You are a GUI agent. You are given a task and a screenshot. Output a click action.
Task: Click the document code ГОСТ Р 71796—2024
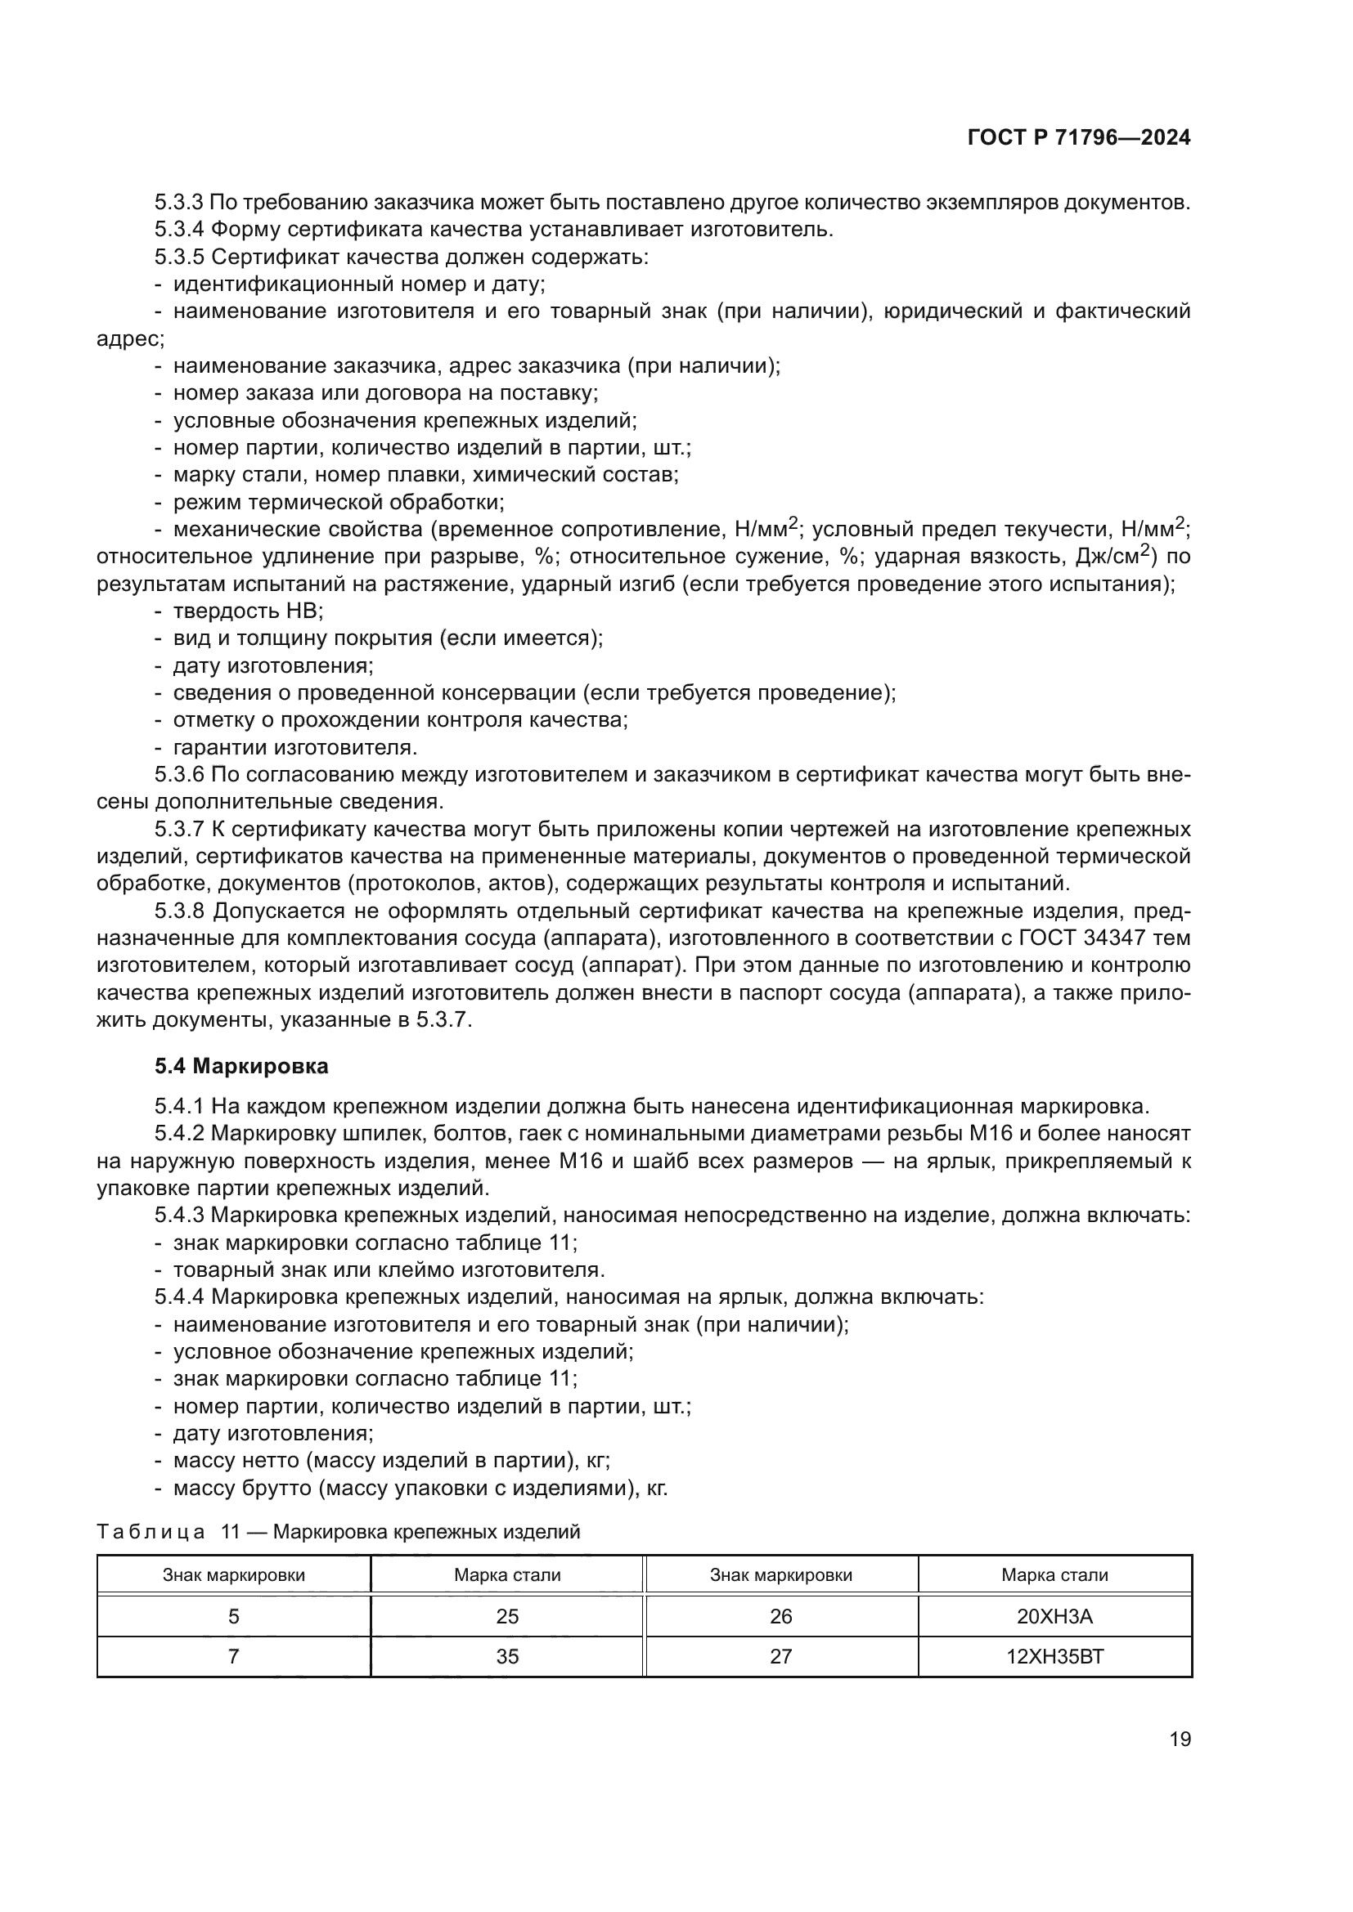coord(1079,138)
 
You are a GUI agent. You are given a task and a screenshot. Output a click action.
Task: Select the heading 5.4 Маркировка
coord(241,1066)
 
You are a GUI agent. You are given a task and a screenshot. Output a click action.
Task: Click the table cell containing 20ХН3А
coord(1054,1616)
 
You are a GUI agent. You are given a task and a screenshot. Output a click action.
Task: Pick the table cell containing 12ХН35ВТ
coord(1054,1656)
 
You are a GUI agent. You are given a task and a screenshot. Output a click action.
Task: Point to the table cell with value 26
coord(780,1616)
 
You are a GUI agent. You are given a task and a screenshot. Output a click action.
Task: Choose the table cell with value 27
coord(780,1656)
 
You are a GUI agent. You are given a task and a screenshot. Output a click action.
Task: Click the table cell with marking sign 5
coord(233,1616)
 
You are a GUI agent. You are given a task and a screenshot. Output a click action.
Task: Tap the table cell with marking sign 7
coord(233,1656)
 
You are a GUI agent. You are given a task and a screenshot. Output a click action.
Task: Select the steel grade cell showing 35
coord(506,1656)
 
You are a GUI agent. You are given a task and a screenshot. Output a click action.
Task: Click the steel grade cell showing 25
coord(506,1616)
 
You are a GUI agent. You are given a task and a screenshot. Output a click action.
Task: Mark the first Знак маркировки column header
coord(233,1574)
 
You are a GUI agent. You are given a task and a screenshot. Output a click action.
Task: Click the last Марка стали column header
coord(1054,1574)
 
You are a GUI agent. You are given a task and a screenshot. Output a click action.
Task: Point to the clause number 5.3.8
coord(179,911)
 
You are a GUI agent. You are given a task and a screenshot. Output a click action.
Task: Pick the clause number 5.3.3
coord(179,203)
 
